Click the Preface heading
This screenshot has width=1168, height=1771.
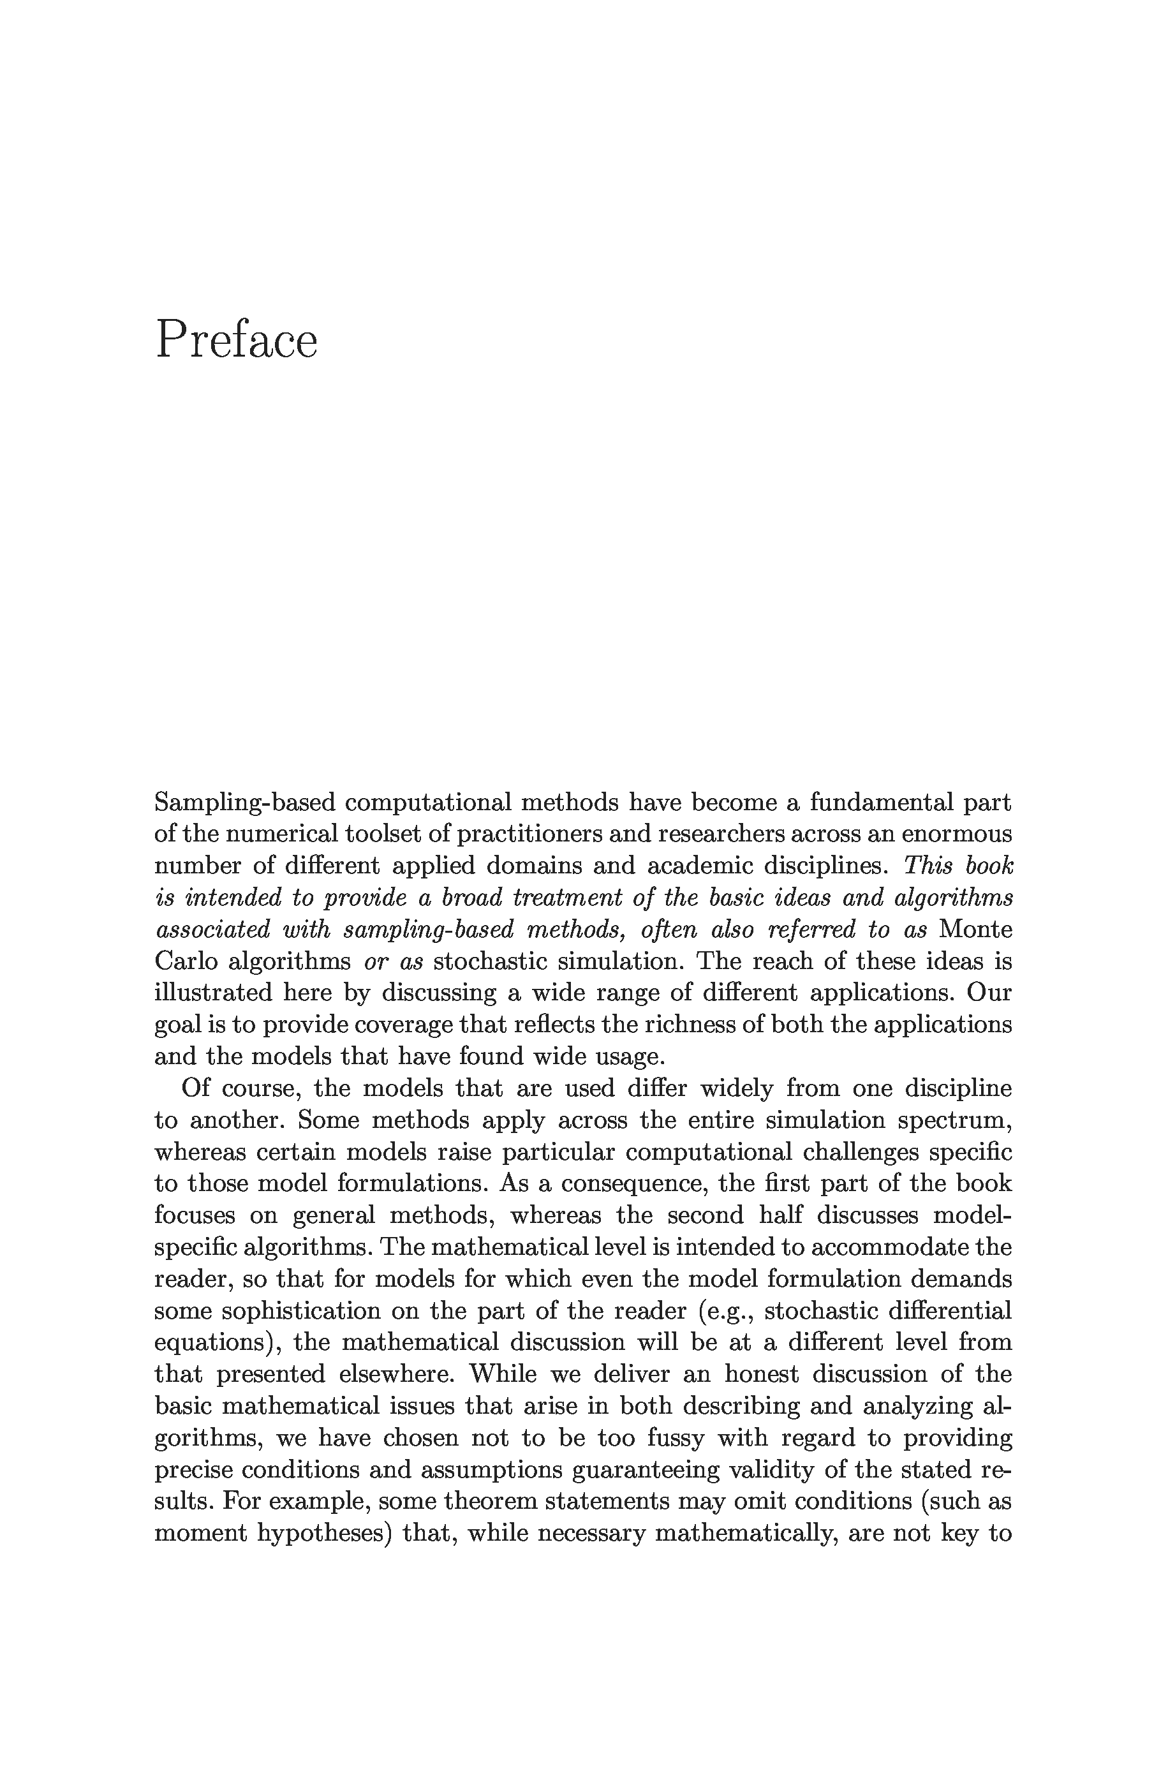pos(236,339)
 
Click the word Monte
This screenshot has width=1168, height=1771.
pos(976,930)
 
